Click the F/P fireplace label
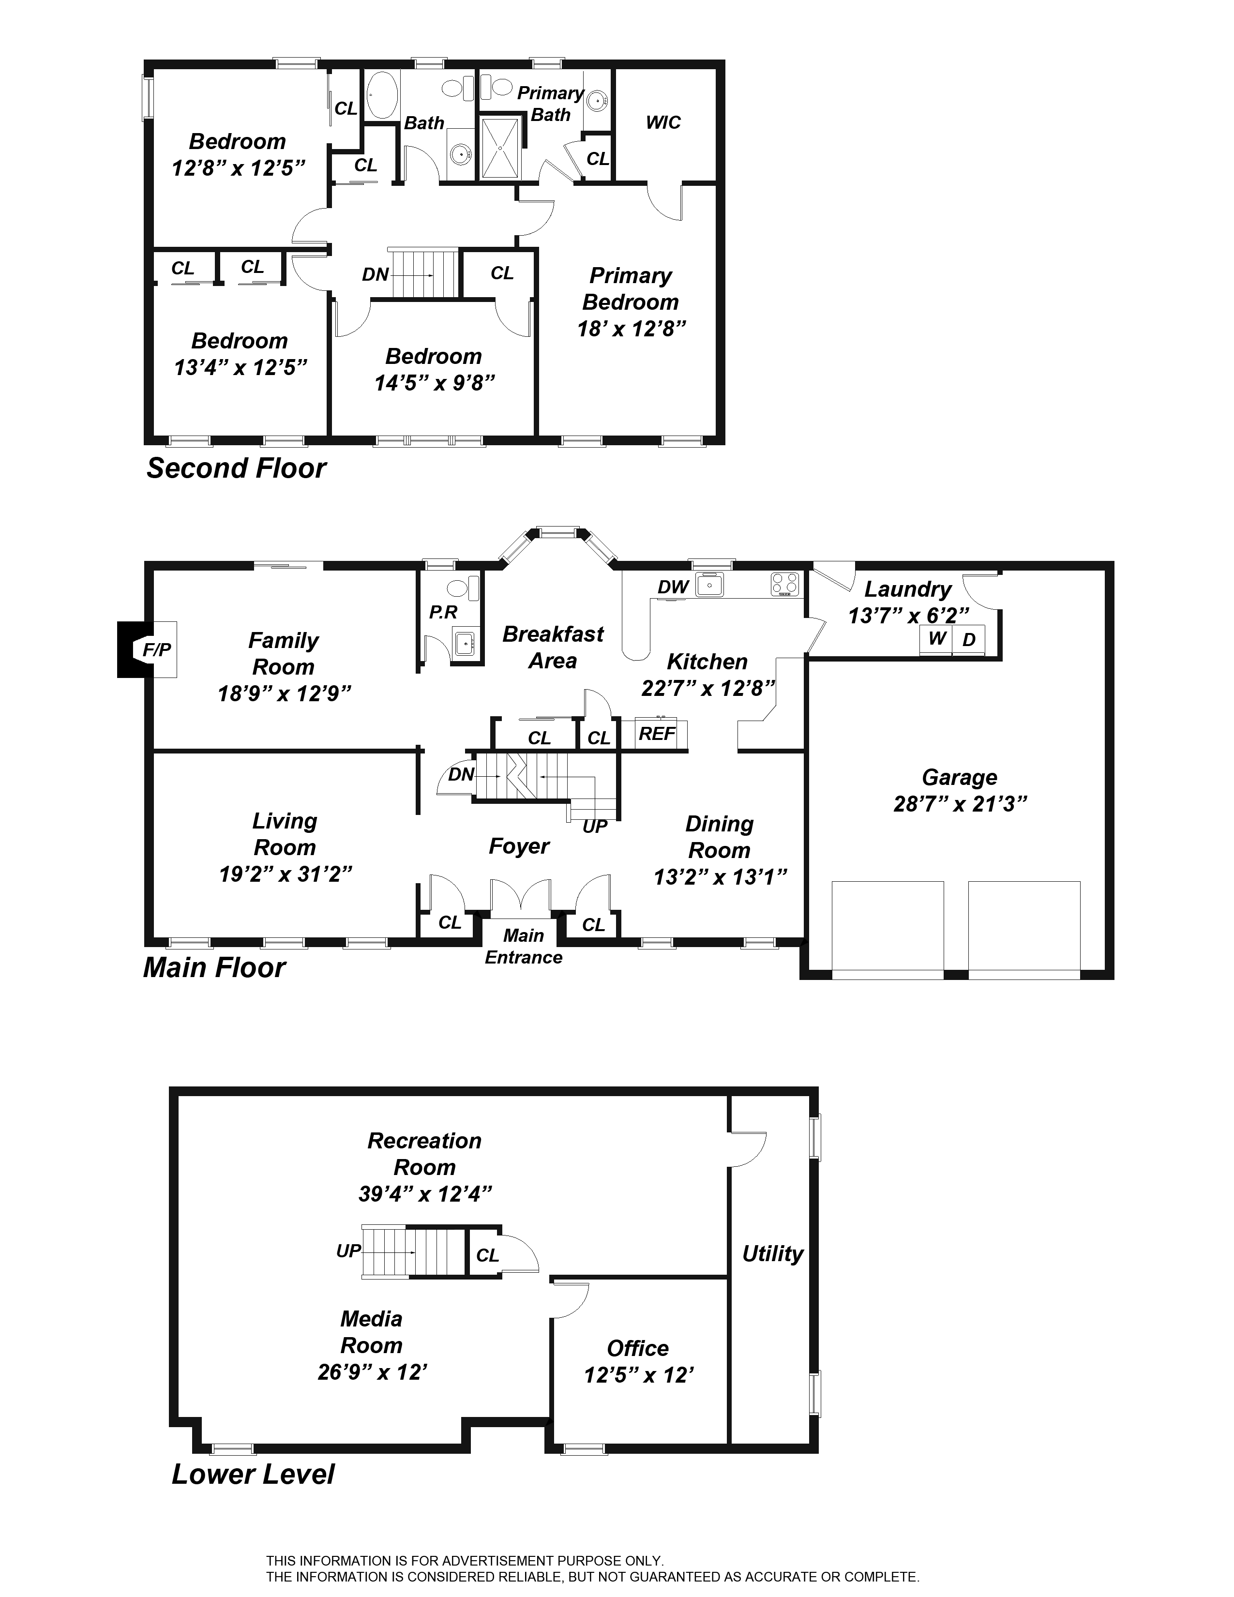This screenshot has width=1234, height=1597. pyautogui.click(x=156, y=649)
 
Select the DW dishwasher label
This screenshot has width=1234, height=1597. pyautogui.click(x=673, y=587)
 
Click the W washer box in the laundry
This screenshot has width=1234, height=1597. pyautogui.click(x=936, y=640)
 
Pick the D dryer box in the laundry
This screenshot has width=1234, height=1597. pyautogui.click(x=969, y=640)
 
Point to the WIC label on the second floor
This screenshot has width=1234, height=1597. pyautogui.click(x=663, y=123)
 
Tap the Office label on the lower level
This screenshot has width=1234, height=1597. pyautogui.click(x=637, y=1348)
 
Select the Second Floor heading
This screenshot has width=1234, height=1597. pyautogui.click(x=236, y=469)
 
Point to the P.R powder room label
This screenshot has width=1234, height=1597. pyautogui.click(x=443, y=612)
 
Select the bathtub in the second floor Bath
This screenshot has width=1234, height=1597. pyautogui.click(x=380, y=95)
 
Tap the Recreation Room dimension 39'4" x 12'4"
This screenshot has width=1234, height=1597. pyautogui.click(x=425, y=1194)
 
